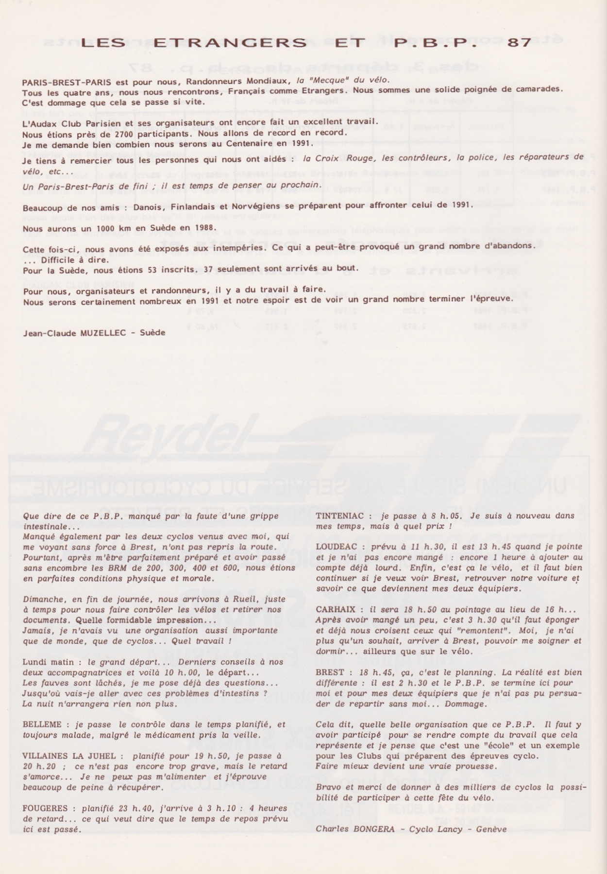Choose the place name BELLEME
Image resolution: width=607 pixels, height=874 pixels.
pos(42,724)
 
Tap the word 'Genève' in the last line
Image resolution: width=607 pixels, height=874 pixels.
pos(491,829)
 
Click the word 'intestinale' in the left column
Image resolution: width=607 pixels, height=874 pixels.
pos(47,526)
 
